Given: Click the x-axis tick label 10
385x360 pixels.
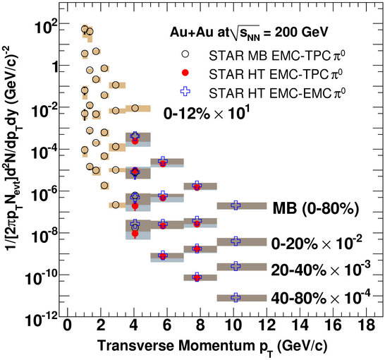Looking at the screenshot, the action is [233, 325].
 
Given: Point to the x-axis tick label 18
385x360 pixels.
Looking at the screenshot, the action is [367, 325].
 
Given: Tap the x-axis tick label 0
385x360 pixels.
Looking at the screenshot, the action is [67, 325].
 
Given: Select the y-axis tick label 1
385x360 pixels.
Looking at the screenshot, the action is [56, 67].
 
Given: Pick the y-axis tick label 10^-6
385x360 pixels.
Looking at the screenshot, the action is [44, 194].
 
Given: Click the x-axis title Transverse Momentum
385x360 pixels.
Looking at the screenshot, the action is [176, 345].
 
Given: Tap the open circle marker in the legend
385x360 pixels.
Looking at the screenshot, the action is [185, 54].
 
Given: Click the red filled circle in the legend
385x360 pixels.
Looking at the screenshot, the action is [185, 73].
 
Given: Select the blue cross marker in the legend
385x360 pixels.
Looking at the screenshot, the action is [185, 91].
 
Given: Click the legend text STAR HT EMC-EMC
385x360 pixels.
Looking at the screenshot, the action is [270, 93].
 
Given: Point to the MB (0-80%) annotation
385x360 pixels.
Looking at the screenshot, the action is [316, 209].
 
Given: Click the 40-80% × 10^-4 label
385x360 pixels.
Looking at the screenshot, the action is [321, 296].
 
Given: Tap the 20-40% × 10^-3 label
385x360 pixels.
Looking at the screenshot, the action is [321, 268].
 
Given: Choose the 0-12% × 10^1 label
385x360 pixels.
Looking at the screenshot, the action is [207, 112].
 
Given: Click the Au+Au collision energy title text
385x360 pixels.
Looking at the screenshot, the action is [249, 32].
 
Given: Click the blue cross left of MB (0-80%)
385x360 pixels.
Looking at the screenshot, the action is [236, 205].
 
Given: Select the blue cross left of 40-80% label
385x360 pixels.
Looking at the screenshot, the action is [236, 298].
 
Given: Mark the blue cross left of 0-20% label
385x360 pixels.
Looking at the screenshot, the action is [236, 241].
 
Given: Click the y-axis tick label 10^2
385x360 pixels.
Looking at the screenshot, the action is [46, 27].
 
